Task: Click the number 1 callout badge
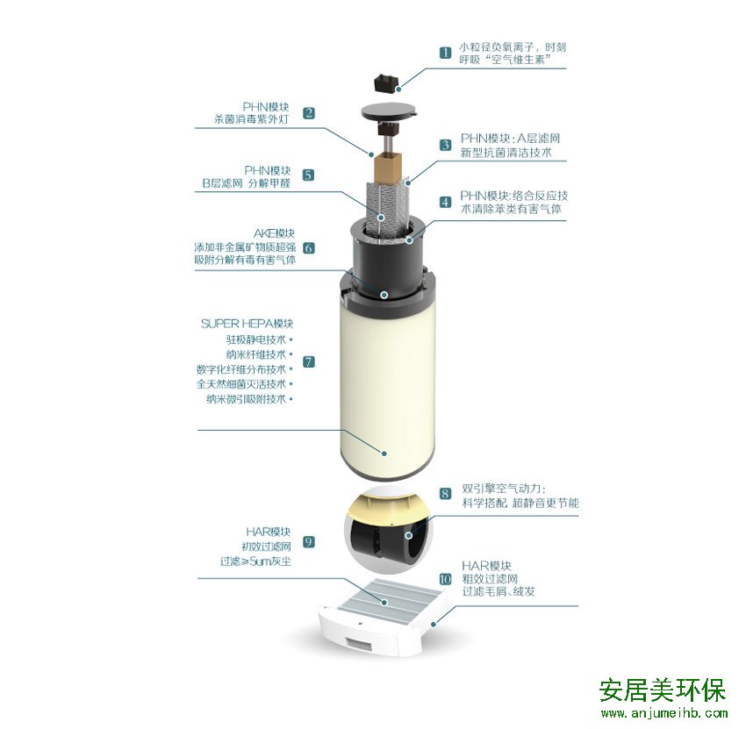click(x=445, y=53)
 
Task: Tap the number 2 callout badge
click(x=309, y=112)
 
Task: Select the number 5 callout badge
click(x=308, y=175)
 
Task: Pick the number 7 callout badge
click(x=309, y=362)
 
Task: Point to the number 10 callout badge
click(x=445, y=579)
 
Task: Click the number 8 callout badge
click(x=445, y=494)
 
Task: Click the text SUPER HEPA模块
click(x=247, y=324)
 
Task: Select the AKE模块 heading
click(x=274, y=233)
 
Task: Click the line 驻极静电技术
click(x=255, y=339)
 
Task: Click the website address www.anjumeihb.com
click(x=664, y=713)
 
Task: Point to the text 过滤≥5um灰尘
click(x=255, y=561)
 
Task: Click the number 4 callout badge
click(x=445, y=202)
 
